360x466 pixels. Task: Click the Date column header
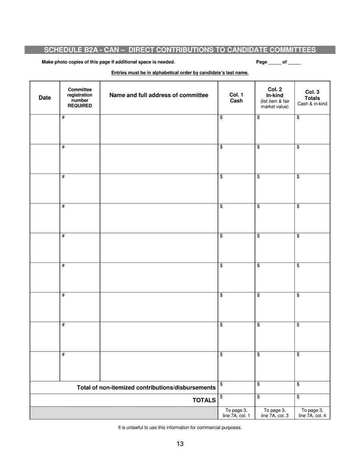(x=45, y=98)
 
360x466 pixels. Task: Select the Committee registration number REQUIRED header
(x=80, y=98)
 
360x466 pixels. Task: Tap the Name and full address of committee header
(x=159, y=95)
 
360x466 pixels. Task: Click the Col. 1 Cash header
(x=236, y=98)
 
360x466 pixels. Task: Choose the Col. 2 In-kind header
(x=275, y=98)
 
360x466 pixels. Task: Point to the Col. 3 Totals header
(x=312, y=98)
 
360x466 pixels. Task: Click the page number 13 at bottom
(x=180, y=444)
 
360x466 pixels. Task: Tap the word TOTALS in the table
(x=204, y=400)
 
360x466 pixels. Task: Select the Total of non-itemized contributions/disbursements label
(x=146, y=388)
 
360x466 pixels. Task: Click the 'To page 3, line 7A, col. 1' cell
(x=236, y=413)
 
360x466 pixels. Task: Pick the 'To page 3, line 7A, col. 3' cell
(x=275, y=413)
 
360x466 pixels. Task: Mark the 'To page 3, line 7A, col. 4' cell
(x=312, y=413)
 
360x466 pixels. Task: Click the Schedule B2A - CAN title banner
(x=180, y=50)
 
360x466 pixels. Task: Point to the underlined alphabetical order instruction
(x=180, y=73)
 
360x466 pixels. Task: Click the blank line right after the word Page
(x=275, y=62)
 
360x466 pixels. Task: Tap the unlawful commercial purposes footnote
(x=180, y=428)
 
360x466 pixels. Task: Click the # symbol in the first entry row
(x=63, y=118)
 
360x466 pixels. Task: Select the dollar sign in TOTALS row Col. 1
(x=221, y=397)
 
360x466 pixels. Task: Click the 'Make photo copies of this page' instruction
(x=108, y=62)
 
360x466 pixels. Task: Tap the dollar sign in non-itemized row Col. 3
(x=298, y=384)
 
